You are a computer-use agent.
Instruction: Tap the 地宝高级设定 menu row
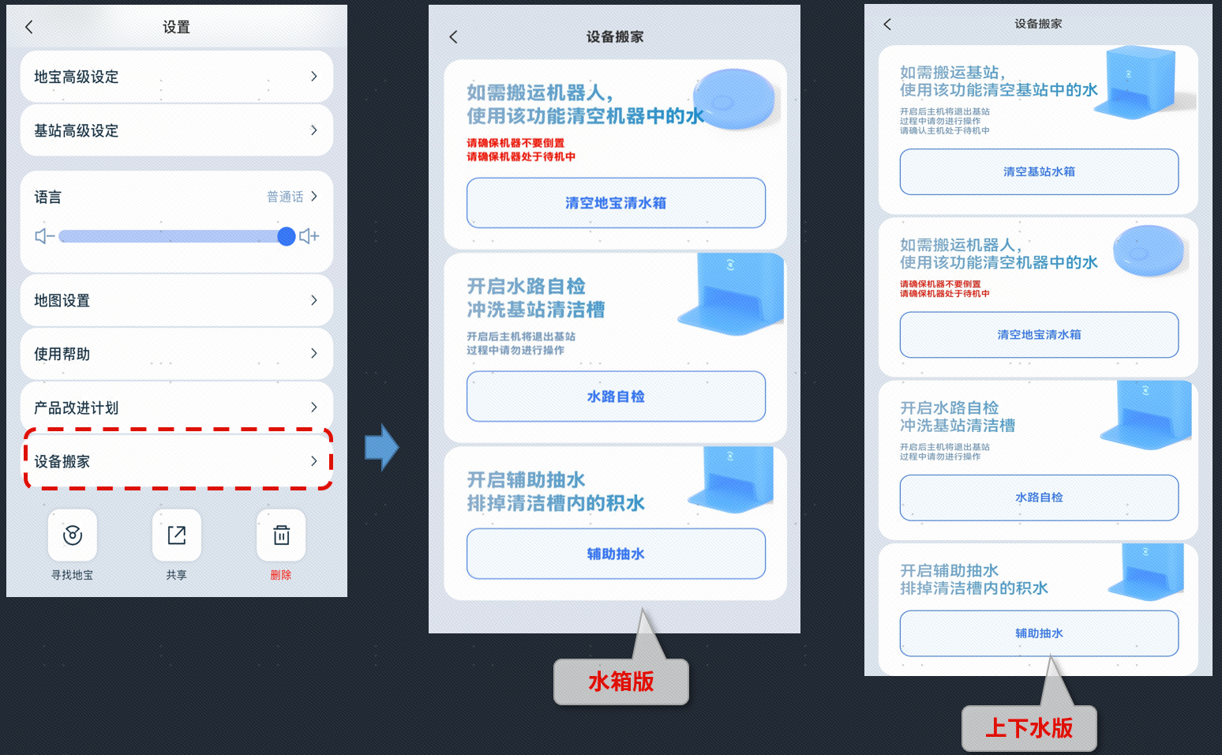[x=176, y=77]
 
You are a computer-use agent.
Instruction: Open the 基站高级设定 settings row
[x=176, y=130]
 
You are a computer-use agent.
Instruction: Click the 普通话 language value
[x=286, y=197]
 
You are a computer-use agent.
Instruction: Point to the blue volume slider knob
[x=287, y=236]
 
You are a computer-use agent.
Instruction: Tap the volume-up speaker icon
[x=309, y=236]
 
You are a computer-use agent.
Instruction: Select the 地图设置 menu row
[x=176, y=300]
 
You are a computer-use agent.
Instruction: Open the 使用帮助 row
[x=176, y=354]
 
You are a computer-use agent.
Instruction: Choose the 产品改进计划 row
[x=176, y=408]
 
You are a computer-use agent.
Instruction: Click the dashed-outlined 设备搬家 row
[x=176, y=461]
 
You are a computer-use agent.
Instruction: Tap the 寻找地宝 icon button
[x=73, y=535]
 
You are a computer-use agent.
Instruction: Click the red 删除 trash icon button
[x=281, y=535]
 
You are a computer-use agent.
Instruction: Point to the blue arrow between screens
[x=382, y=448]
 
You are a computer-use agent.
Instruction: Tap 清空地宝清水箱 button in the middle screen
[x=616, y=203]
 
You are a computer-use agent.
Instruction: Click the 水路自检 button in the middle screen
[x=616, y=396]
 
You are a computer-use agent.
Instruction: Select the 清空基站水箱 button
[x=1039, y=171]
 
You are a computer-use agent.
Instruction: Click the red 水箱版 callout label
[x=621, y=682]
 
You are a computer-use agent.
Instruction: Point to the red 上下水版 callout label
[x=1029, y=728]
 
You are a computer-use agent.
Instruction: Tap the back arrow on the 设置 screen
[x=29, y=27]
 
